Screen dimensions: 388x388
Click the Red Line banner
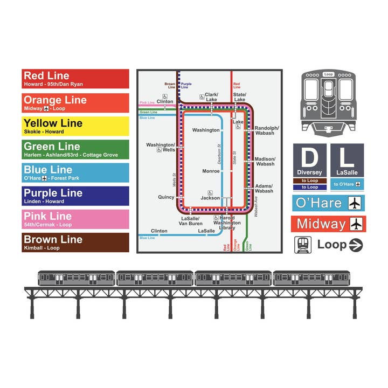pyautogui.click(x=75, y=79)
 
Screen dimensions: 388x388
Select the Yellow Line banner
pyautogui.click(x=75, y=126)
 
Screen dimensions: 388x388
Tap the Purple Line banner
pyautogui.click(x=75, y=196)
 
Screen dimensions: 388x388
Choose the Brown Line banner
pyautogui.click(x=75, y=242)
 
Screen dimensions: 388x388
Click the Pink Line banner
pyautogui.click(x=75, y=219)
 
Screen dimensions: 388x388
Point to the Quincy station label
pyautogui.click(x=166, y=197)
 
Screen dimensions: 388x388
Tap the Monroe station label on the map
pyautogui.click(x=211, y=171)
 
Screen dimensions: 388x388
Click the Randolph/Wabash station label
pyautogui.click(x=266, y=130)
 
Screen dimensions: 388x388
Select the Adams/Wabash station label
pyautogui.click(x=264, y=188)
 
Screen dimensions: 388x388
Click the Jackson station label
pyautogui.click(x=210, y=198)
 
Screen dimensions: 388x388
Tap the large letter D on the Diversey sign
pyautogui.click(x=309, y=157)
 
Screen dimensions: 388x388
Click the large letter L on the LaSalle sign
pyautogui.click(x=347, y=157)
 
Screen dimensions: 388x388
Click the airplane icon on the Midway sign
pyautogui.click(x=356, y=224)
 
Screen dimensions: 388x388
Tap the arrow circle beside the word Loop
pyautogui.click(x=356, y=245)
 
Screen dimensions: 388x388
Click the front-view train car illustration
pyautogui.click(x=328, y=101)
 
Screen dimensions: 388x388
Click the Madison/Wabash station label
pyautogui.click(x=265, y=161)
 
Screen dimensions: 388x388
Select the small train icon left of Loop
pyautogui.click(x=302, y=245)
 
